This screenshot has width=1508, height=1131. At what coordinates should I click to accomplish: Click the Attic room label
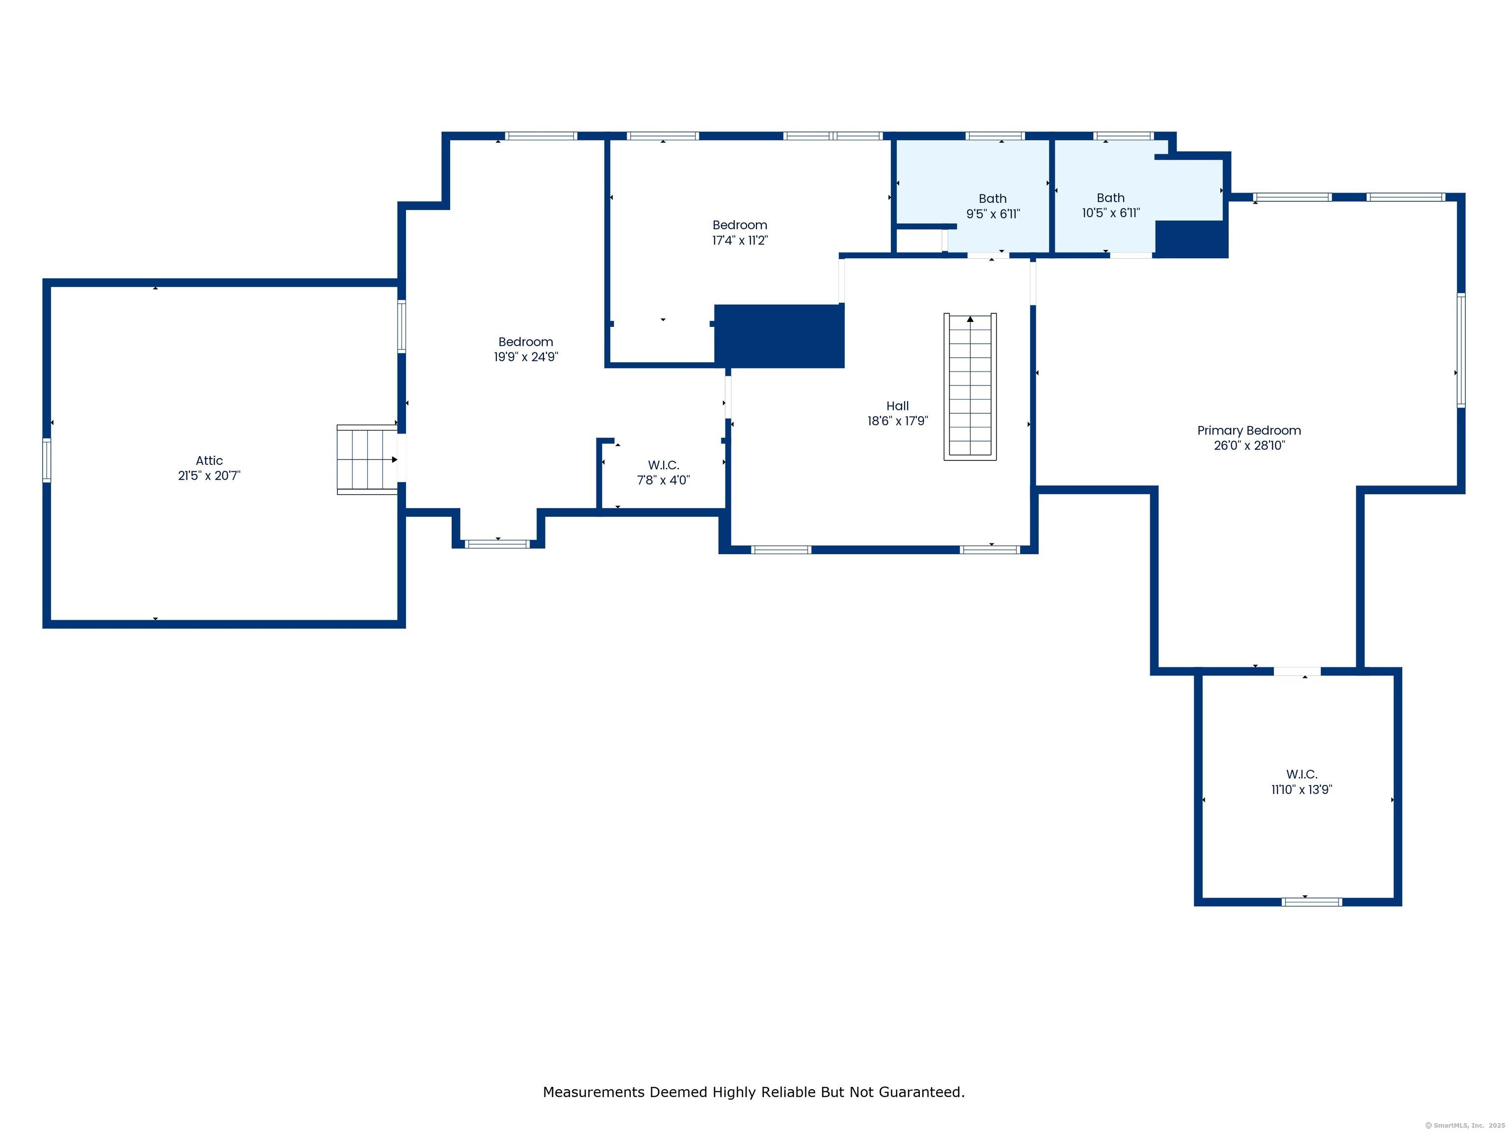point(209,461)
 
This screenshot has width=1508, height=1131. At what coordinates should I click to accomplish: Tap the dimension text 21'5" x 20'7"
point(209,476)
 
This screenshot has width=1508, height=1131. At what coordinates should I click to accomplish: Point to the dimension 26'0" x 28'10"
point(1249,446)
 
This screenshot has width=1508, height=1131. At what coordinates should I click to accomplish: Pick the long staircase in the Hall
point(970,386)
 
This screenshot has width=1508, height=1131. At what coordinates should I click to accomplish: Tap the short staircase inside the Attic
point(367,459)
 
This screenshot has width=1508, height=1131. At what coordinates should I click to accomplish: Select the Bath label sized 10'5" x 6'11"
point(1110,198)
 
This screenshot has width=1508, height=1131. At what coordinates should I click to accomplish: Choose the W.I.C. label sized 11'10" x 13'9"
point(1301,775)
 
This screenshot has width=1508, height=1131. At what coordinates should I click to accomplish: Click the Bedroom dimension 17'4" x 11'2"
point(740,241)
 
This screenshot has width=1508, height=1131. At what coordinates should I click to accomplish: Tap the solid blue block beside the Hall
point(779,336)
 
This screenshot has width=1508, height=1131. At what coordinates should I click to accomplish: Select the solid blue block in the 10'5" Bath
point(1191,239)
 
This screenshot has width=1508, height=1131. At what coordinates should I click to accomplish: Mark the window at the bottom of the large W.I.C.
point(1312,902)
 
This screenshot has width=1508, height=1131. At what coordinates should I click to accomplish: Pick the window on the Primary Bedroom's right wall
point(1460,350)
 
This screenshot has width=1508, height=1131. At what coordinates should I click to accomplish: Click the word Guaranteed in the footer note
point(921,1092)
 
